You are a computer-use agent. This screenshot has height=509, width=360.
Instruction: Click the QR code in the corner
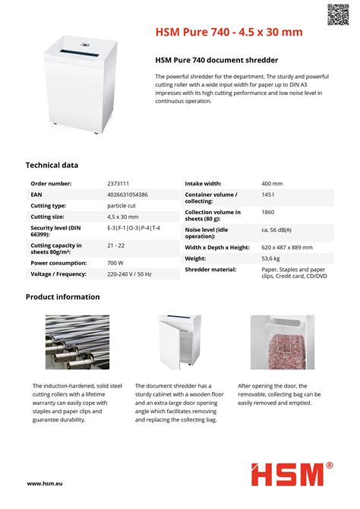pos(339,14)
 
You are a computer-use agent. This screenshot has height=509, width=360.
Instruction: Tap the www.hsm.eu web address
pos(44,483)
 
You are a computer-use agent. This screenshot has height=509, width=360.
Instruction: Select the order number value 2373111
pos(118,184)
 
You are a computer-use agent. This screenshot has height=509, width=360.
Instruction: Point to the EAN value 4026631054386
pos(128,194)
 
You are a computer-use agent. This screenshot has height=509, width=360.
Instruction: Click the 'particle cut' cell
pos(121,206)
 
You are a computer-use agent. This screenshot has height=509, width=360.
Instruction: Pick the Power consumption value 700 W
pos(115,262)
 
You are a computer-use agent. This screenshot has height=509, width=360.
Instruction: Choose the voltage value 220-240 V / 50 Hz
pos(129,273)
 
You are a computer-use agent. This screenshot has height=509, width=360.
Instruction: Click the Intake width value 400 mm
pos(272,184)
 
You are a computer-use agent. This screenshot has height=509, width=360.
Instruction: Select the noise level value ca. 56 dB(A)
pos(276,229)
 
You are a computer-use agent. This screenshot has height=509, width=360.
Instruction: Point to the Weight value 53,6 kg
pos(270,258)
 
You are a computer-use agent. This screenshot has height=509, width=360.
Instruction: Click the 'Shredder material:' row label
pos(210,270)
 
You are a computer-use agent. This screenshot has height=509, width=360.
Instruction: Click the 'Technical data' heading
pos(52,165)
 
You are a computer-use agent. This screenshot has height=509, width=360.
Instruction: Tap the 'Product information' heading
pos(62,296)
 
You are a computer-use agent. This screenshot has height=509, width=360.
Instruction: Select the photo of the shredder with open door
pos(179,342)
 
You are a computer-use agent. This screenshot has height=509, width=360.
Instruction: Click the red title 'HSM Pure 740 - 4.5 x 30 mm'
pos(229,32)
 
